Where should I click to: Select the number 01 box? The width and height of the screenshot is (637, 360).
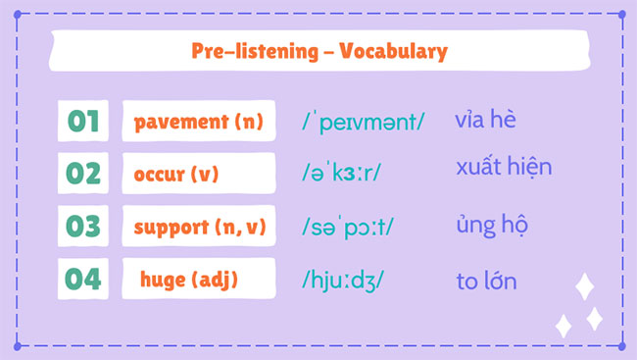(83, 122)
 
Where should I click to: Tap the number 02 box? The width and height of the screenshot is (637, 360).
(83, 174)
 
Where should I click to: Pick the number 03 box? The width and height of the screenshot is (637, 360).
(83, 227)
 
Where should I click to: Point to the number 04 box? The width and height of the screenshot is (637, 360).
(83, 279)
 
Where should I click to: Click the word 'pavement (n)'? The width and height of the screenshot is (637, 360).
(199, 123)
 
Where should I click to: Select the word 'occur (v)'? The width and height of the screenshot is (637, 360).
(176, 175)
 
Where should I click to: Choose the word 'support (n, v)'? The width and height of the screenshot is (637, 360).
(199, 227)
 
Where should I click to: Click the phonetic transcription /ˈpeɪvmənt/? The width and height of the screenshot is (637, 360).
(364, 123)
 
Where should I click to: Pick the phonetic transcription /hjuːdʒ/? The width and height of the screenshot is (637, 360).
(343, 280)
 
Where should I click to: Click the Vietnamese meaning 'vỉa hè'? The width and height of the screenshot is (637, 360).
(485, 121)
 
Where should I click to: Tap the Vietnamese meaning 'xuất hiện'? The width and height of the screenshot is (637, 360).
(504, 167)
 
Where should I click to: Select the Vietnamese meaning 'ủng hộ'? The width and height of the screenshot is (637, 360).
(493, 226)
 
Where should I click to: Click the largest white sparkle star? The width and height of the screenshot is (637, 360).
(585, 286)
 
